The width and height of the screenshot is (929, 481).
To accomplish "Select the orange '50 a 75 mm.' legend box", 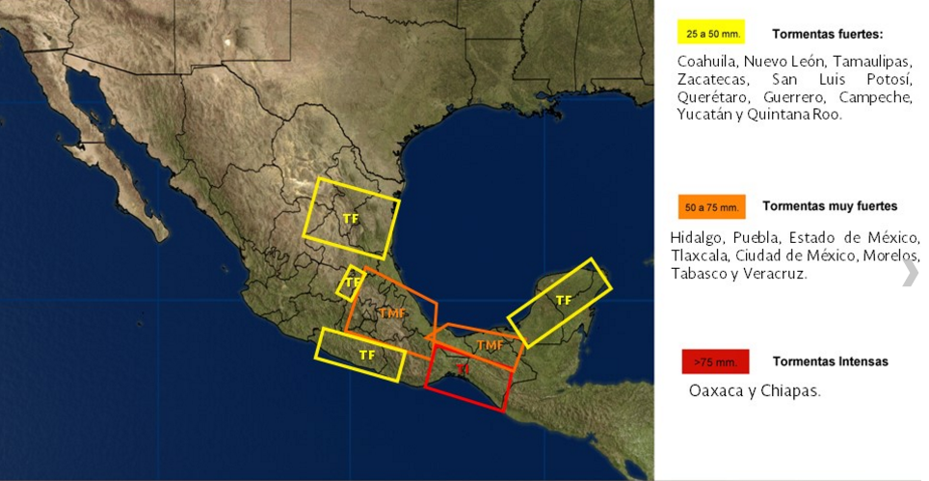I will point(711,207).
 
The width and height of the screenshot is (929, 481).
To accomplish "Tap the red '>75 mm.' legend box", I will point(714,362).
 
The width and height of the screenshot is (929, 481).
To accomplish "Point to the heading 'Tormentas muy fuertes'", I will point(830,206).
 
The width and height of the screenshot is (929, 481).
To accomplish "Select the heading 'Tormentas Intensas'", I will point(830,361).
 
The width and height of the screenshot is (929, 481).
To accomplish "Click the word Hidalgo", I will point(697,237).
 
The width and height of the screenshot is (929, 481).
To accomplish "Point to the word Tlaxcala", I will point(700,255).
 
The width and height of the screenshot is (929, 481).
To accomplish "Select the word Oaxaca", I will point(716,391).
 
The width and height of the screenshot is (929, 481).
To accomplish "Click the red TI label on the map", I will point(463,369).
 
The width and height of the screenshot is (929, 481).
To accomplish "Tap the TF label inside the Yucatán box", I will point(564,301).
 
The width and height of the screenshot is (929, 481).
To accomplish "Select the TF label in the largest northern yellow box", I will point(351,220).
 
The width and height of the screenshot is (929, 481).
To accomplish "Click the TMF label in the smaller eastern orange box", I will point(490,345).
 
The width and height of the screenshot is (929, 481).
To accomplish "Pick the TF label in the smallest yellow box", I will point(353,282).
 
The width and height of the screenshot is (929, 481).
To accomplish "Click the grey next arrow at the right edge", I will point(910,273).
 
